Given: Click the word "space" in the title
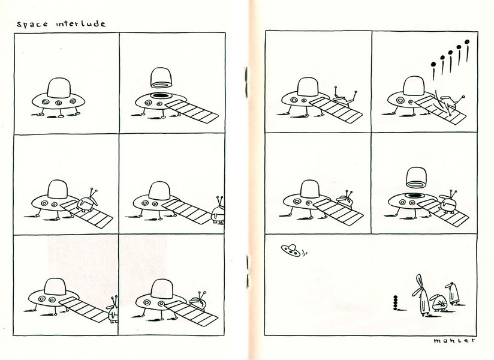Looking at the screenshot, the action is coord(32,24).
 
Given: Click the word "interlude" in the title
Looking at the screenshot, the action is coord(81,23).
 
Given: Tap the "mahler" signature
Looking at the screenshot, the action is coord(454,340).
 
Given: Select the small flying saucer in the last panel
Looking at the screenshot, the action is coord(290,250).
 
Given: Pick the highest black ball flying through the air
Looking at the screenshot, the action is coord(467,41).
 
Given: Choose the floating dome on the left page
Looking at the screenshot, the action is coord(161,77).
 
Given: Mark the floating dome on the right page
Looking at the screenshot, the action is coord(416,178).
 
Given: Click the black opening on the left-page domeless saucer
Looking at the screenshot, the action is coord(161,95).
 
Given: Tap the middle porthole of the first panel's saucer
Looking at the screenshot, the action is coord(59,103).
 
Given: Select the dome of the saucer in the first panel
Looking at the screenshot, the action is coord(59,88).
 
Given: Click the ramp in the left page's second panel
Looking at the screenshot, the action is coord(192,111).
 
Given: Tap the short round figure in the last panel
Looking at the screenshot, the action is coord(439,302).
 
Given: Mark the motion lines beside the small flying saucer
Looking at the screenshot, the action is coord(304,252).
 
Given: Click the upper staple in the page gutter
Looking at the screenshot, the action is coord(246,82).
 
